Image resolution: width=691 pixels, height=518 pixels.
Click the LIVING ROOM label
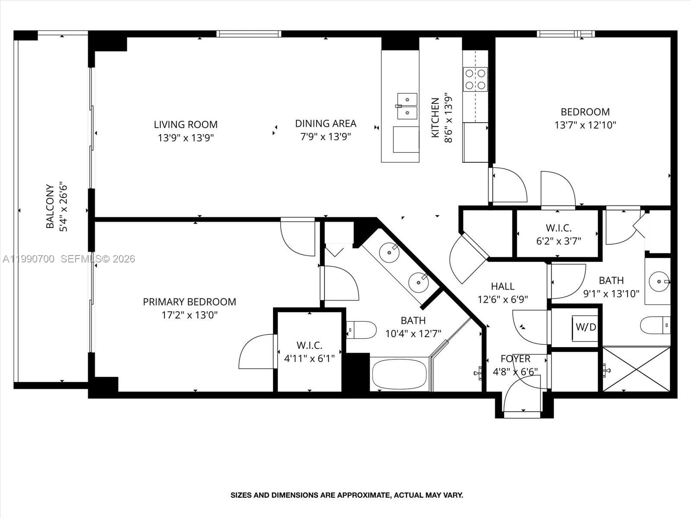tap(186, 125)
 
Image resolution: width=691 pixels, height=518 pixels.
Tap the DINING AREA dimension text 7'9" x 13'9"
tap(326, 137)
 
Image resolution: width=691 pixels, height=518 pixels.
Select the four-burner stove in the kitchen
tap(475, 79)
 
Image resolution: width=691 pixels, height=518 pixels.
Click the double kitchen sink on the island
tap(407, 106)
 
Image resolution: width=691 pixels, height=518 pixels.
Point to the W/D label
tap(586, 327)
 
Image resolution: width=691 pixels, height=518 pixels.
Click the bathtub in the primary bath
tap(399, 374)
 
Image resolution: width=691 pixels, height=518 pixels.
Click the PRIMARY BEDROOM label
tap(189, 302)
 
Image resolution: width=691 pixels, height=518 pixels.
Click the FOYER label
tap(515, 359)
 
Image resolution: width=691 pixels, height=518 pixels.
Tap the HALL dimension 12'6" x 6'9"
tap(503, 299)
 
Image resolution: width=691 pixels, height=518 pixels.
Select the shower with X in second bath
tap(637, 369)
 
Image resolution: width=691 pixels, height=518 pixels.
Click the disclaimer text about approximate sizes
tap(346, 495)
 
